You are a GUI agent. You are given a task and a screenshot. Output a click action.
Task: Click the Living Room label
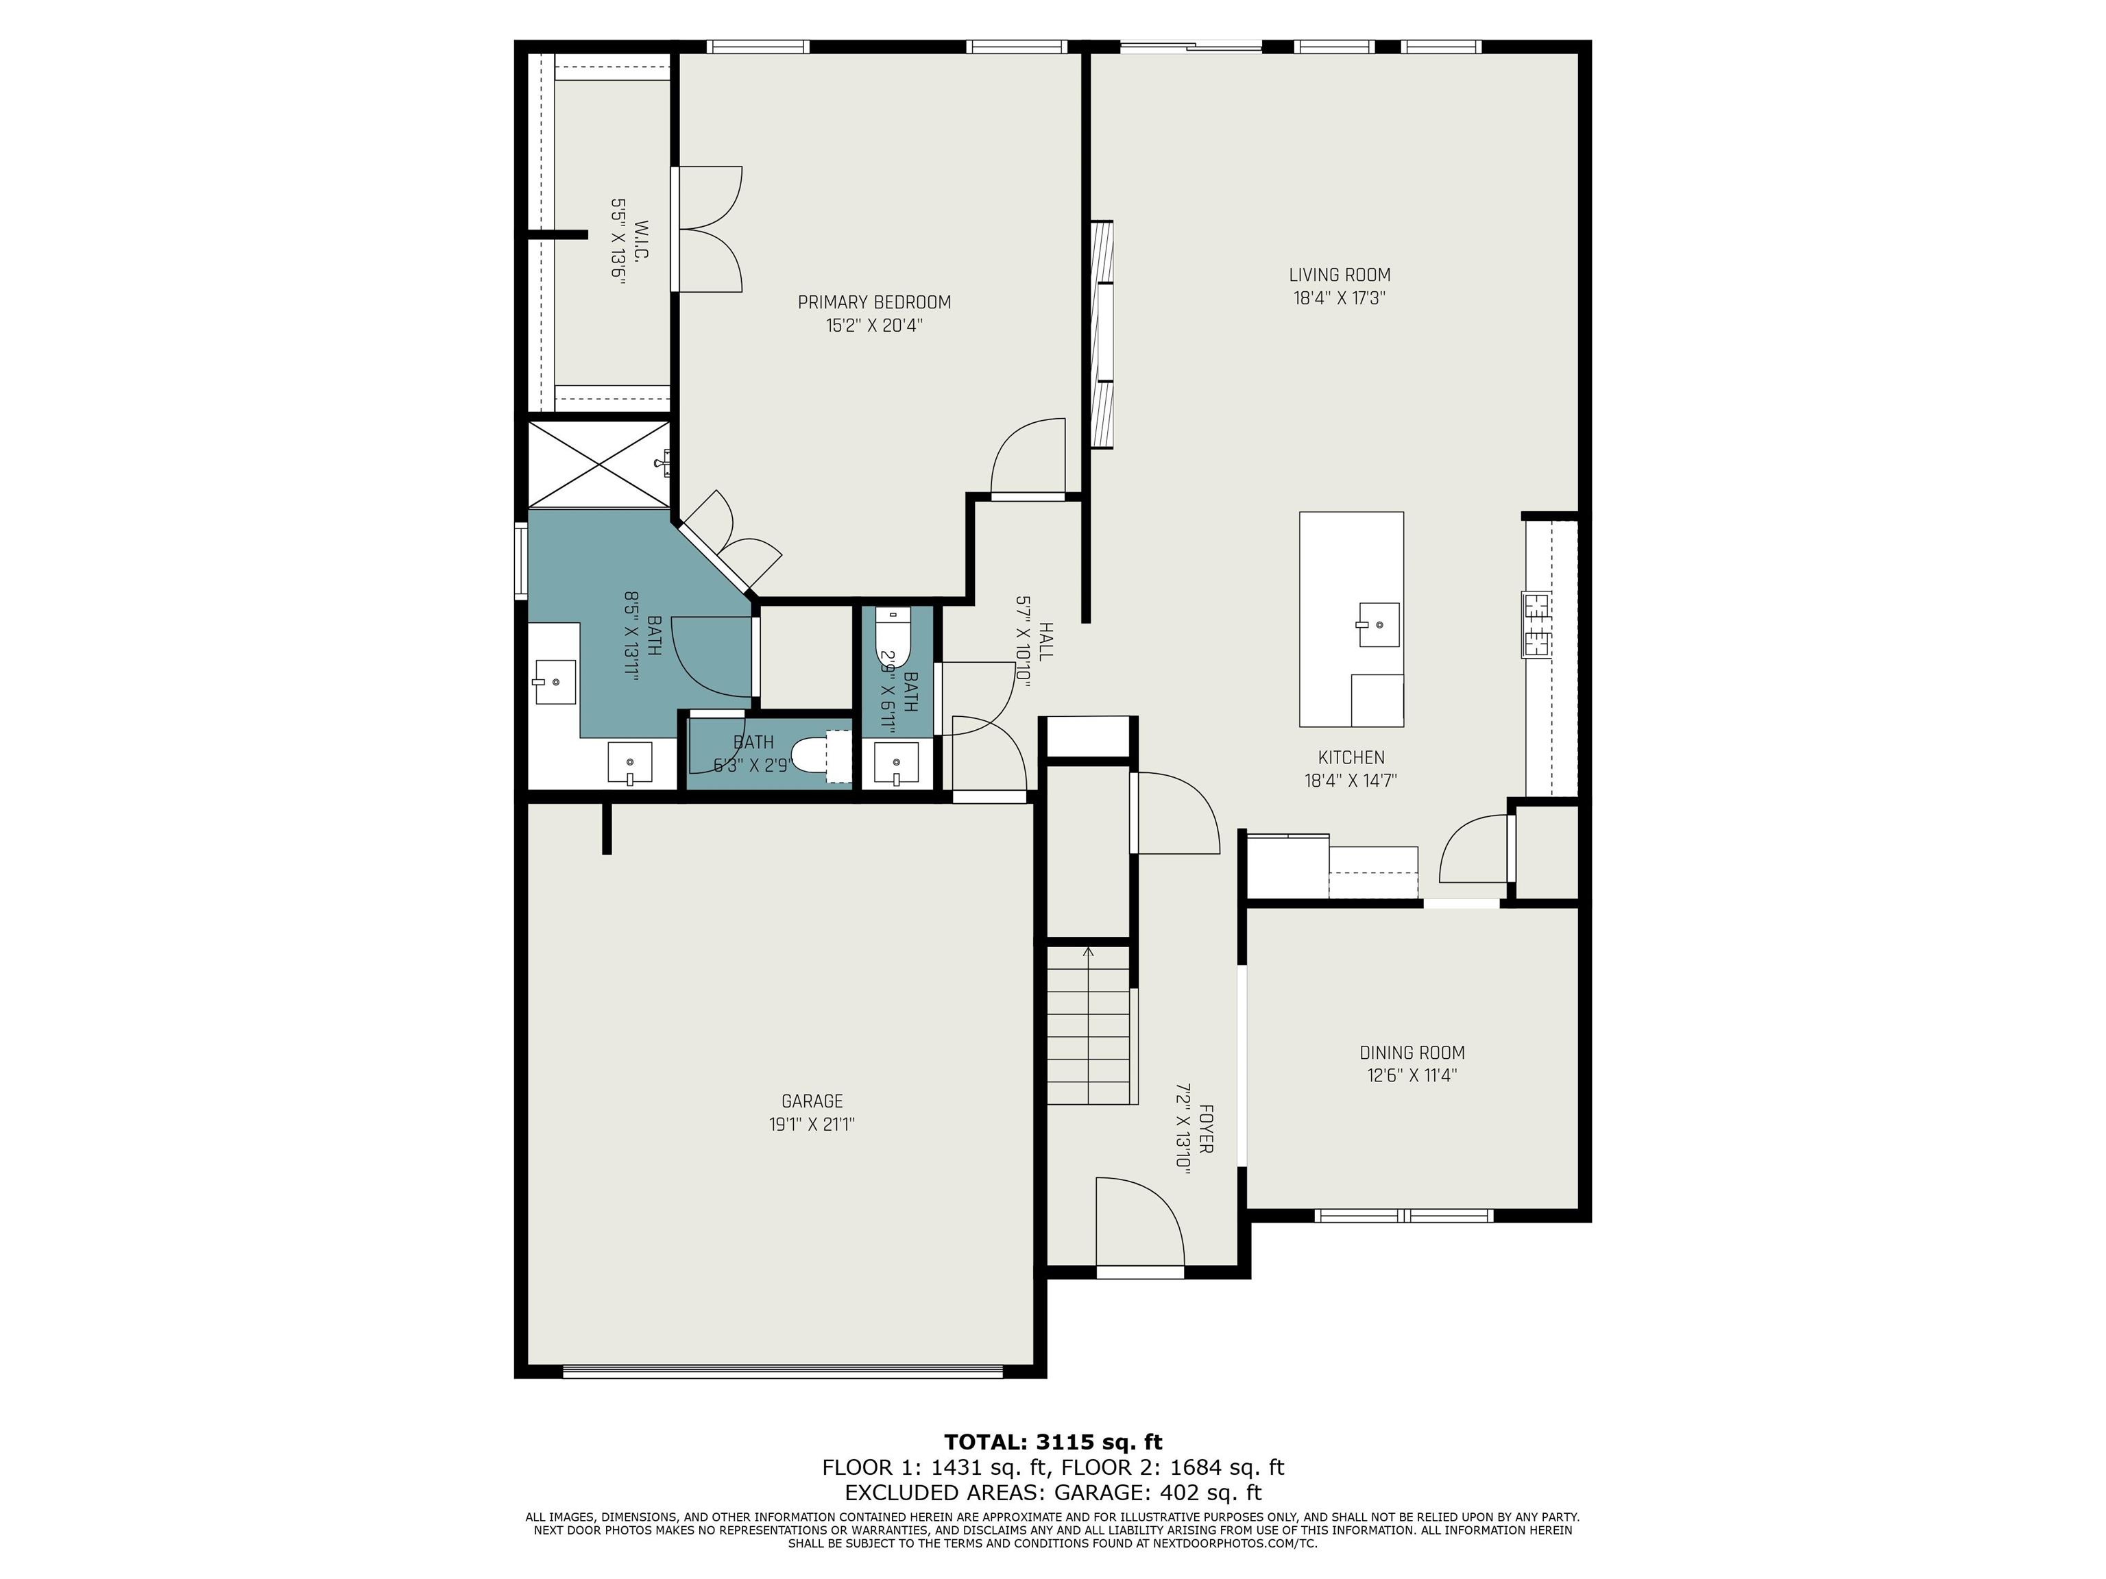point(1340,275)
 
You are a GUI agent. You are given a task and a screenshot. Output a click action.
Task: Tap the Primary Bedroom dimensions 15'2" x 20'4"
point(874,326)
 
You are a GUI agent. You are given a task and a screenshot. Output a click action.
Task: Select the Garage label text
point(812,1101)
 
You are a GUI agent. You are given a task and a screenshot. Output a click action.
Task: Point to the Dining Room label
point(1412,1053)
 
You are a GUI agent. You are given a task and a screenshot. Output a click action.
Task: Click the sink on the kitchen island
point(1379,624)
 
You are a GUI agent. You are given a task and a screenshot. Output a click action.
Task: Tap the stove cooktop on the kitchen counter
point(1535,624)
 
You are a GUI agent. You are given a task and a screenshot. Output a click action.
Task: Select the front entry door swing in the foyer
point(1139,1223)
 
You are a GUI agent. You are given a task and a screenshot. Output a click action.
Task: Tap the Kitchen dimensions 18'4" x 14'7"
point(1350,781)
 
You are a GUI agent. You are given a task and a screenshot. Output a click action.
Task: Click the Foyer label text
point(1205,1129)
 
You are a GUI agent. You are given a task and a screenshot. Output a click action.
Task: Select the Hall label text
point(1045,641)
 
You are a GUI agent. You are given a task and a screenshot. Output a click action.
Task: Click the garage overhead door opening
point(783,1371)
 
